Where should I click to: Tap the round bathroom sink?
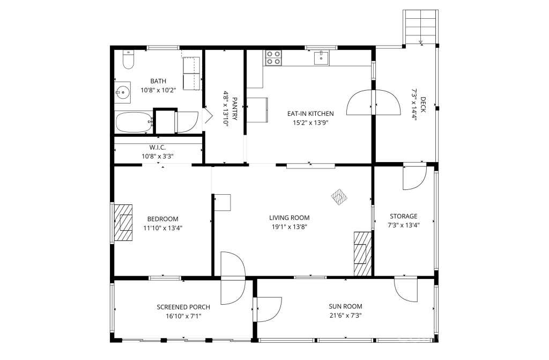click(x=123, y=93)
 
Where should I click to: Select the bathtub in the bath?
click(x=133, y=122)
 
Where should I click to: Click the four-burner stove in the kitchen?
click(x=273, y=58)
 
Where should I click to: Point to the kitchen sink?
click(x=321, y=58)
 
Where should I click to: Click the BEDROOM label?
click(x=163, y=219)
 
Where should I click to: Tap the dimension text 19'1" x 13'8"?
click(x=290, y=227)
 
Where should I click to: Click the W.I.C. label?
click(x=158, y=148)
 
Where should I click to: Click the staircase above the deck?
click(x=420, y=27)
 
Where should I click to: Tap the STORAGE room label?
click(x=404, y=216)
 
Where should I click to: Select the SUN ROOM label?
click(x=346, y=306)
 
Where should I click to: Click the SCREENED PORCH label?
click(x=183, y=307)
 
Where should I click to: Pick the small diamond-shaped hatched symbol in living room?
click(x=339, y=197)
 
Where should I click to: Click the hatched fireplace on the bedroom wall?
click(x=124, y=223)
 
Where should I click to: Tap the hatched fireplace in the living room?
click(x=362, y=253)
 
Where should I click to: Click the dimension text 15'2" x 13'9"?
click(x=310, y=123)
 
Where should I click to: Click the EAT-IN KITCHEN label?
click(x=310, y=114)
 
